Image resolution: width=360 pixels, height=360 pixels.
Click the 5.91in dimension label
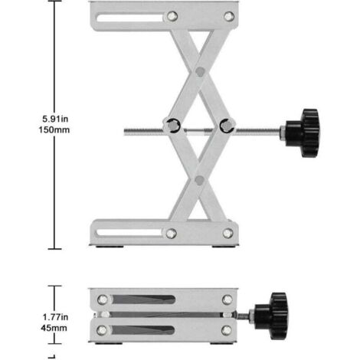click(55, 119)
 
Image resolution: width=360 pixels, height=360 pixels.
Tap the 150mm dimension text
click(54, 129)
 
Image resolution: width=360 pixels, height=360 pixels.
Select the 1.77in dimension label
click(55, 317)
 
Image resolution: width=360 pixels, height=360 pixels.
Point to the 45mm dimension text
click(54, 328)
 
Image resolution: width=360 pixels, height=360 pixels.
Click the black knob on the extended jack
click(303, 133)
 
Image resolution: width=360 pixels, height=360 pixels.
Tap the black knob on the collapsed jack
click(272, 316)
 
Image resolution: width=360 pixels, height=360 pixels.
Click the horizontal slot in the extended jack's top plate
click(130, 18)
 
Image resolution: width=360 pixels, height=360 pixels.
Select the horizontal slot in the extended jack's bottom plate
click(129, 233)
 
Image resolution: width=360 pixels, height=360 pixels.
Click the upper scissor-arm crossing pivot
click(200, 72)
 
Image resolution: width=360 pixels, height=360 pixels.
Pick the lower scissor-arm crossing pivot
click(199, 180)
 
